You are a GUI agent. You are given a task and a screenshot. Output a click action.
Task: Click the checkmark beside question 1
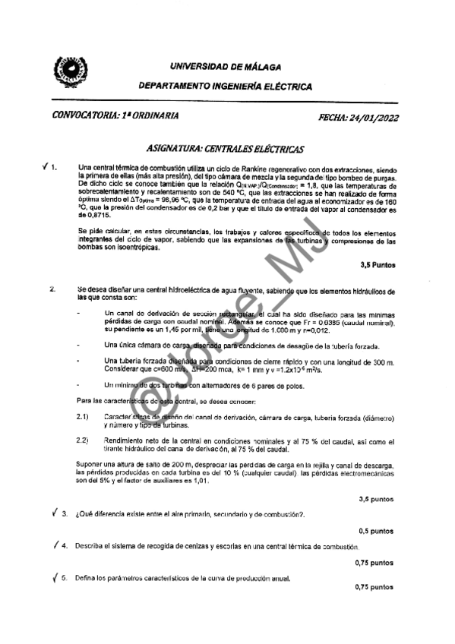[x=47, y=166]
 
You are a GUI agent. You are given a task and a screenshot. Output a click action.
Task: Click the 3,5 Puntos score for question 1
[x=377, y=265]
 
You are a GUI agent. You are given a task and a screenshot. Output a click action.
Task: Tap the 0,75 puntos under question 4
[x=374, y=563]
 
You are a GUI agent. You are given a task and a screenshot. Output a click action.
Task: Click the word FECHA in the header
[x=333, y=117]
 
